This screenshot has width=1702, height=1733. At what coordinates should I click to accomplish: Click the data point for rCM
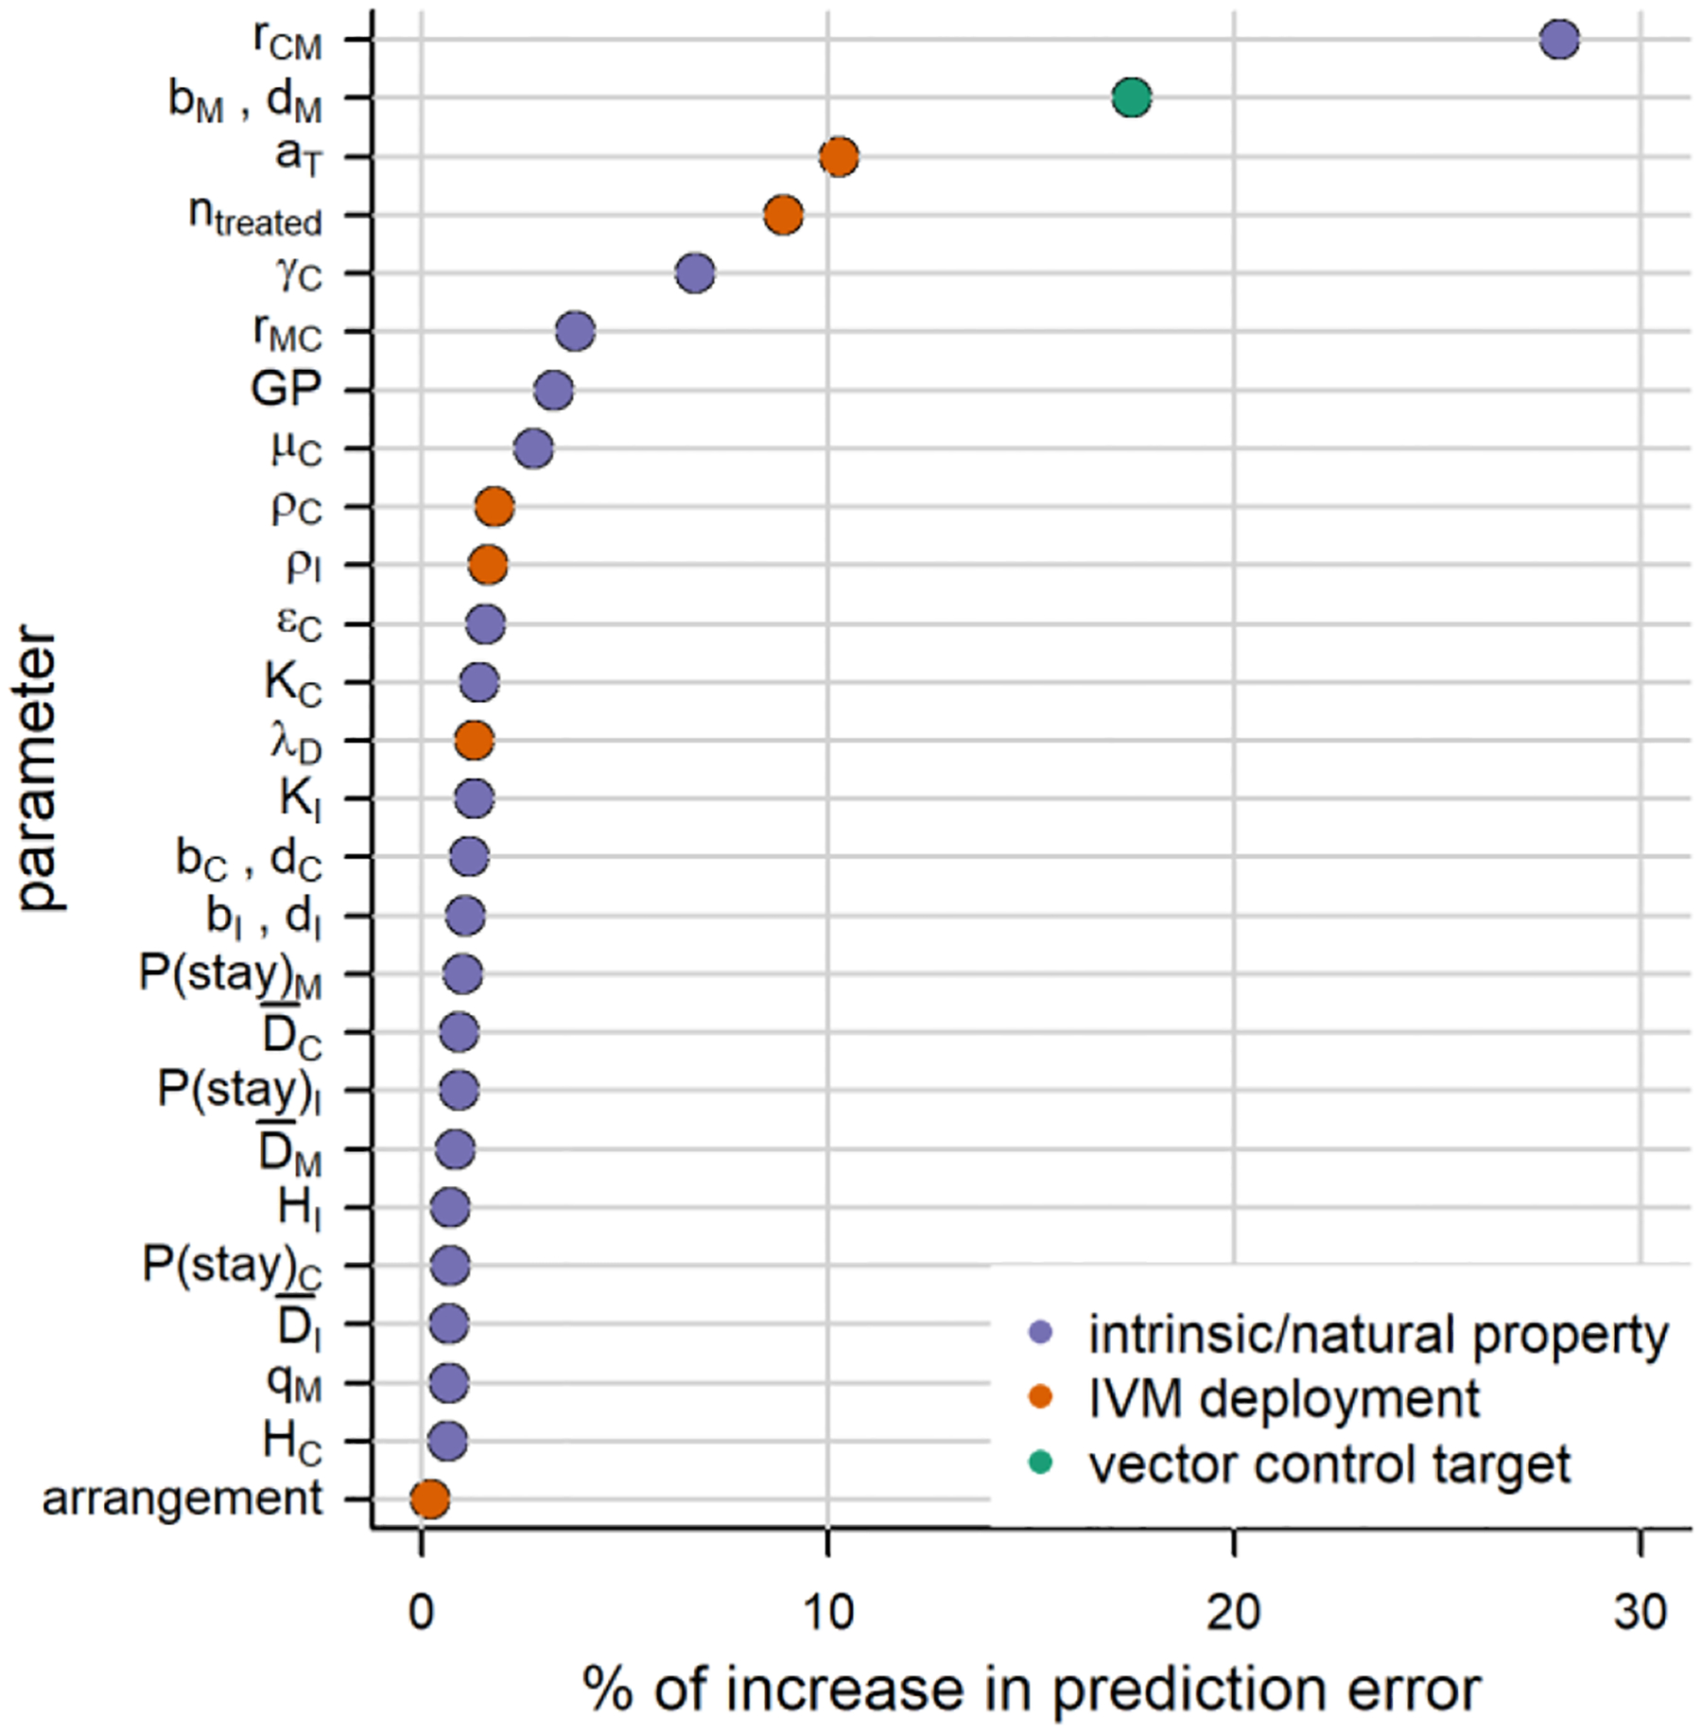[x=1558, y=40]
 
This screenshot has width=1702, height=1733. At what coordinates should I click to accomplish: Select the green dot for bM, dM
[x=1132, y=97]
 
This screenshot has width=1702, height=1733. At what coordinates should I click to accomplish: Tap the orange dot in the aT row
[x=839, y=156]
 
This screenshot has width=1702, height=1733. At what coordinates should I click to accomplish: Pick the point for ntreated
[x=783, y=216]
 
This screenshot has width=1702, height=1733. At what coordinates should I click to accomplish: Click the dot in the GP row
[x=553, y=391]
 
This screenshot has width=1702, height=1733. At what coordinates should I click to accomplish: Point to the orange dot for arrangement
[x=429, y=1499]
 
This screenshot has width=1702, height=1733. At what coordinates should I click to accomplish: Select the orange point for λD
[x=474, y=740]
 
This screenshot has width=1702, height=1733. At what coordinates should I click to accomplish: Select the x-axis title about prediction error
[x=1031, y=1689]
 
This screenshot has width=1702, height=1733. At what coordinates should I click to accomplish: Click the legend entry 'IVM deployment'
[x=1283, y=1398]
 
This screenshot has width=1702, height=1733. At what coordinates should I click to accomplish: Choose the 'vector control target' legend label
[x=1329, y=1463]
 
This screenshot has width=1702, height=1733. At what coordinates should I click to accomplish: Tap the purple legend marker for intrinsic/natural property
[x=1040, y=1333]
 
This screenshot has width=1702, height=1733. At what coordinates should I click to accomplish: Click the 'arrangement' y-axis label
[x=182, y=1499]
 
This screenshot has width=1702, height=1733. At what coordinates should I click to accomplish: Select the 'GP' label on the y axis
[x=286, y=390]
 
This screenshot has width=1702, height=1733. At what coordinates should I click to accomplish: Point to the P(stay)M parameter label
[x=230, y=974]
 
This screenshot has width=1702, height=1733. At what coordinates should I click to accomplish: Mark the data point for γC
[x=695, y=274]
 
